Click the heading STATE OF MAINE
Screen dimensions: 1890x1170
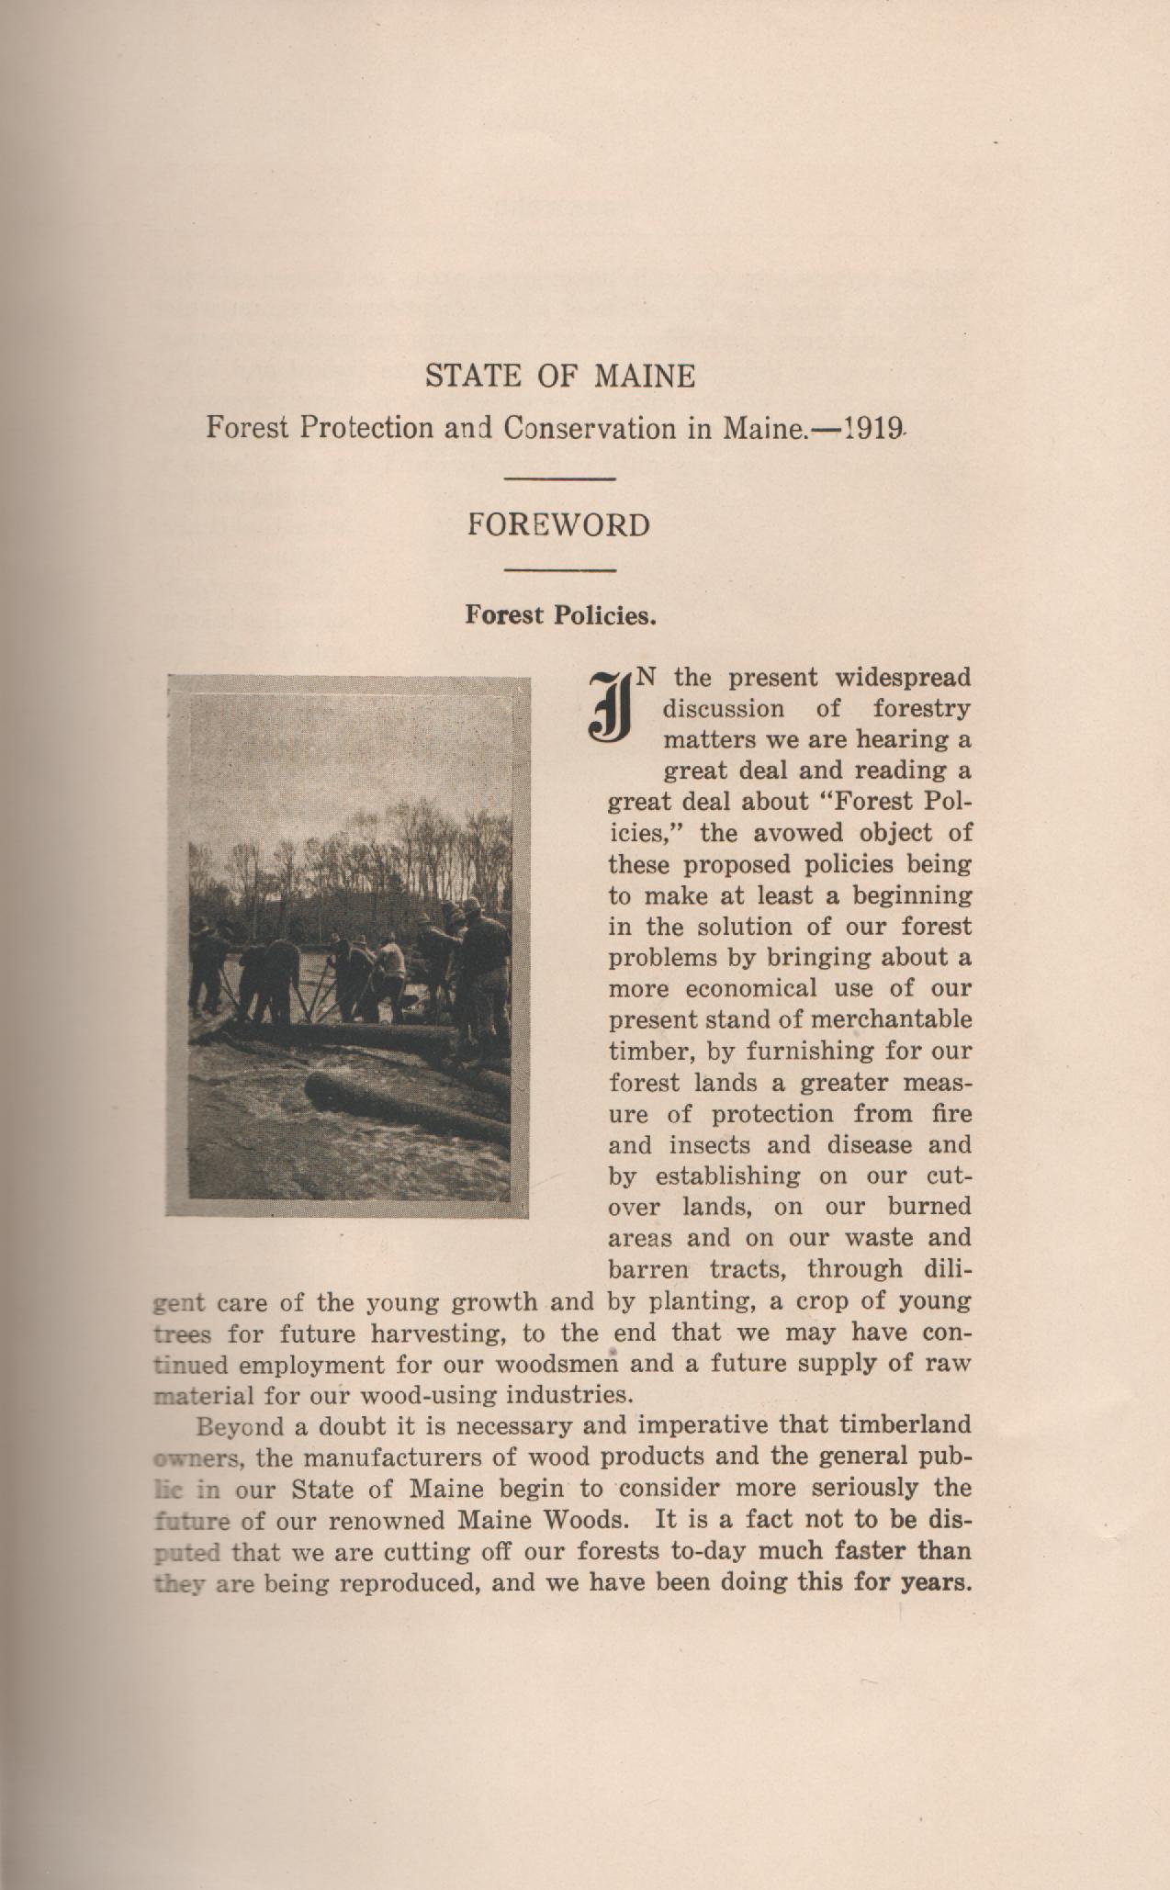[559, 377]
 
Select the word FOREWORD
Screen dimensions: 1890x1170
[559, 525]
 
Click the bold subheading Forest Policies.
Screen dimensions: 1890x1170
[560, 614]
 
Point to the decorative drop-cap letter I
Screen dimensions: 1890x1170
[609, 705]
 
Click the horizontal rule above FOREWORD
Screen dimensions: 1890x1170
[559, 478]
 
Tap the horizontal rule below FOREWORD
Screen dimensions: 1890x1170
[559, 571]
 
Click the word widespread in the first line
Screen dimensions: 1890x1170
[903, 678]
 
